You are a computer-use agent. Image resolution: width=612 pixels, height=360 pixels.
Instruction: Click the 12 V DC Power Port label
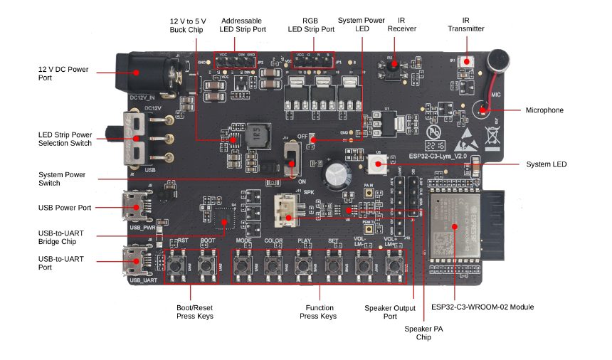(63, 73)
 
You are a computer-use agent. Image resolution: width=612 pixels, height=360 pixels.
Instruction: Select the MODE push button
(244, 266)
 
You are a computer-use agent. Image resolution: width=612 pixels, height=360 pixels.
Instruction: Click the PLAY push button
(304, 266)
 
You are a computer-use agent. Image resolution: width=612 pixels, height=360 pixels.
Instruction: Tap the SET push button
(333, 266)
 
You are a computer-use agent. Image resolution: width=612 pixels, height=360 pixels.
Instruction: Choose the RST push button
(177, 266)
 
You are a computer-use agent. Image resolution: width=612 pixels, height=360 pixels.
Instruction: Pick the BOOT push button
(207, 266)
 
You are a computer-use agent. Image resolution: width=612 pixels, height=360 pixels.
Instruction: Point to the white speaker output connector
(289, 210)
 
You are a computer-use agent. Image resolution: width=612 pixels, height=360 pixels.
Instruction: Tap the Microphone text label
(544, 110)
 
